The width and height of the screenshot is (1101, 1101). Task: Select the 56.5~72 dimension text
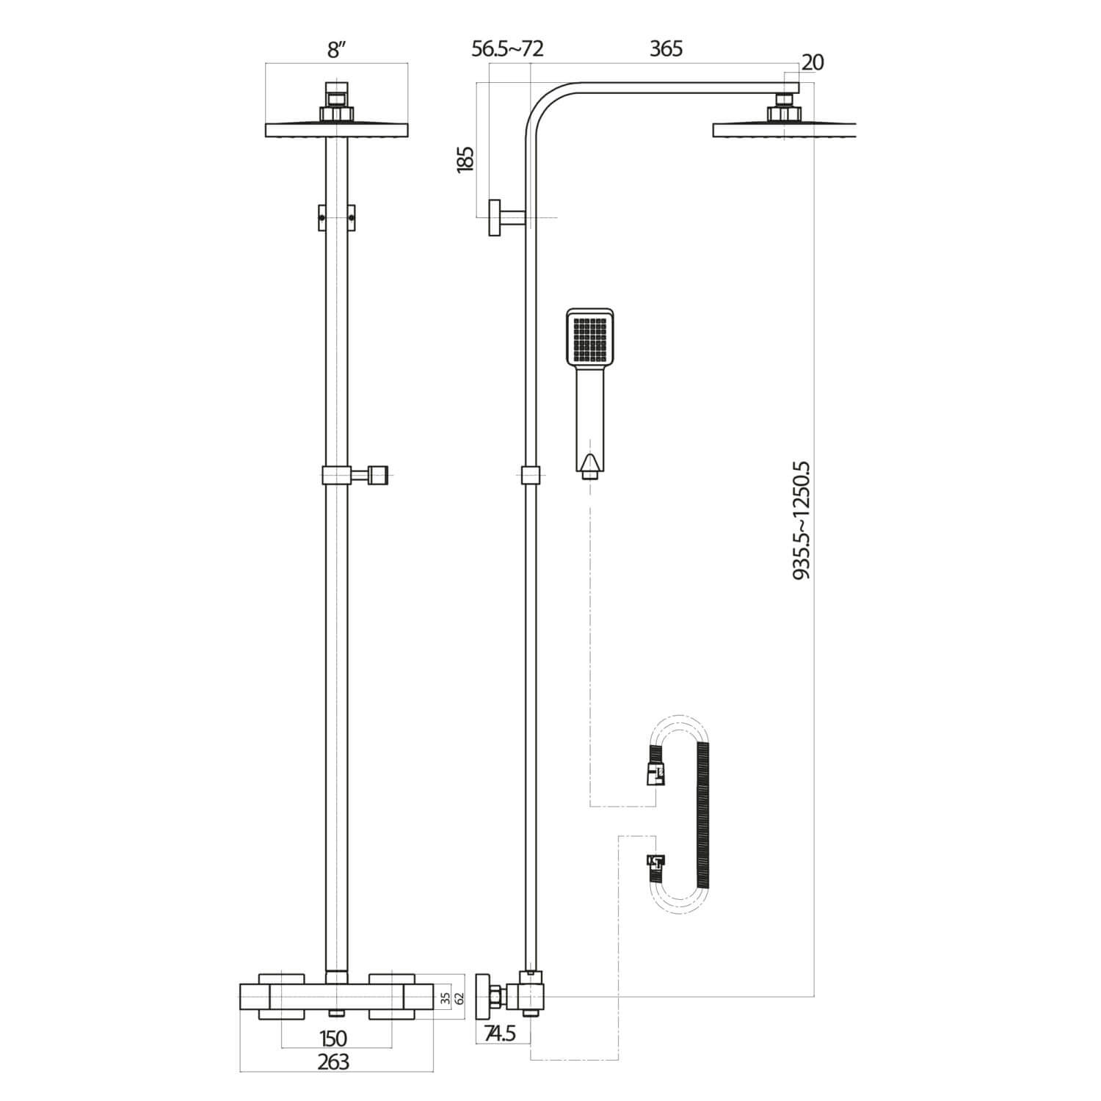pyautogui.click(x=507, y=48)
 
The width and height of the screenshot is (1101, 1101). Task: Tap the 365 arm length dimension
pyautogui.click(x=666, y=48)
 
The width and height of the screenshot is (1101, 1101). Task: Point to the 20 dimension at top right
pyautogui.click(x=812, y=62)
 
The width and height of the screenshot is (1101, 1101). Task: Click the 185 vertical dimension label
pyautogui.click(x=465, y=159)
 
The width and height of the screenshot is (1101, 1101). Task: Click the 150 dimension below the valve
pyautogui.click(x=334, y=1038)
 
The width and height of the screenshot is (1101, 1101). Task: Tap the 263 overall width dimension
pyautogui.click(x=334, y=1061)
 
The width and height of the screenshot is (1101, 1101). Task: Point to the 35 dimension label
pyautogui.click(x=444, y=997)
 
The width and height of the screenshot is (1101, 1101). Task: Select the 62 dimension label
pyautogui.click(x=459, y=997)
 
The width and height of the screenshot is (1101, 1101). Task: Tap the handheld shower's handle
pyautogui.click(x=590, y=418)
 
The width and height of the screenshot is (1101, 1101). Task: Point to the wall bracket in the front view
pyautogui.click(x=336, y=217)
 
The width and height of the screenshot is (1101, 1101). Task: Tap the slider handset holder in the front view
pyautogui.click(x=356, y=475)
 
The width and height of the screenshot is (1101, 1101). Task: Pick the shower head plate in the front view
pyautogui.click(x=336, y=130)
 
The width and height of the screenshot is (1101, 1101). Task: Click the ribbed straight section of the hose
pyautogui.click(x=702, y=815)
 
